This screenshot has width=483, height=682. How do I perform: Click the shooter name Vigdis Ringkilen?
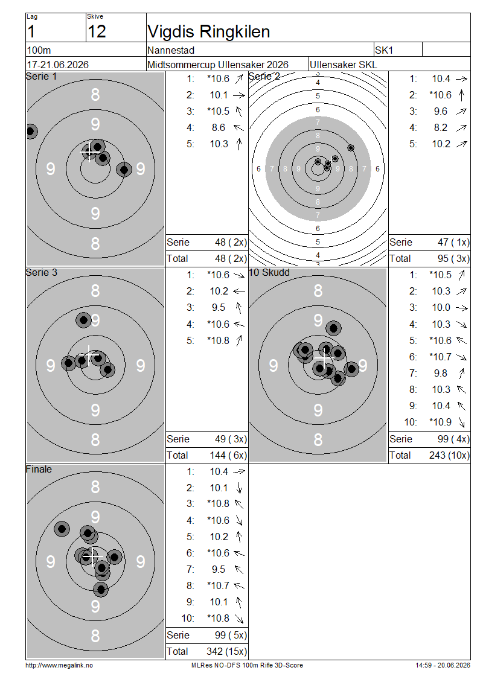(208, 32)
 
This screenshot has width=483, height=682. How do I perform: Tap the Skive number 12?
(97, 31)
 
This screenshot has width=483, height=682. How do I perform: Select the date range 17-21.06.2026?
(57, 65)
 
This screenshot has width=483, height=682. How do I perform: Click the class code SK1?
(384, 50)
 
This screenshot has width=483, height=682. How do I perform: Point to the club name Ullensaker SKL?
(344, 65)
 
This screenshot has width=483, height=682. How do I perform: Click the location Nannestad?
(171, 51)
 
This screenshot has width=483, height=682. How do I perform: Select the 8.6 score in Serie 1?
(219, 127)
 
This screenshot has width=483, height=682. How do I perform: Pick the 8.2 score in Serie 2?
(440, 127)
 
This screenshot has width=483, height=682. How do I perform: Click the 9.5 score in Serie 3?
(219, 308)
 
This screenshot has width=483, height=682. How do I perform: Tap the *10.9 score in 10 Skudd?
(440, 422)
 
